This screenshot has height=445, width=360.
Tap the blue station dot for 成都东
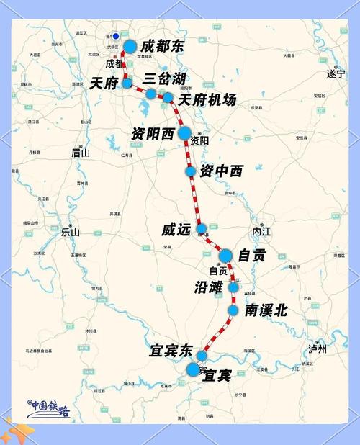pyautogui.click(x=130, y=46)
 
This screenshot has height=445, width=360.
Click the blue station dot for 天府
pyautogui.click(x=127, y=83)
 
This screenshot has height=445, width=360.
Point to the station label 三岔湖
pyautogui.click(x=165, y=78)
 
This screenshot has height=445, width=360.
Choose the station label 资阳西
pyautogui.click(x=153, y=134)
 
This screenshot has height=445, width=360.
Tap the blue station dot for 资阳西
pyautogui.click(x=184, y=132)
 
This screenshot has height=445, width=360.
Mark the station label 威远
pyautogui.click(x=176, y=230)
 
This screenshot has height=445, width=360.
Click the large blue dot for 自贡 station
pyautogui.click(x=225, y=255)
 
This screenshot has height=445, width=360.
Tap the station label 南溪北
pyautogui.click(x=266, y=310)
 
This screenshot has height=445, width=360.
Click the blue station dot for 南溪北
pyautogui.click(x=233, y=310)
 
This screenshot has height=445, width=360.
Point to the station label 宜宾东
pyautogui.click(x=171, y=351)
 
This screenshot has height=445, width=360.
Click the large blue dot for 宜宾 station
pyautogui.click(x=193, y=369)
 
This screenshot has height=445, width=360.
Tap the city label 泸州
pyautogui.click(x=318, y=349)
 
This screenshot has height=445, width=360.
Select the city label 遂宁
pyautogui.click(x=336, y=73)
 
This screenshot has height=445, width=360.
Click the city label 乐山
pyautogui.click(x=71, y=233)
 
